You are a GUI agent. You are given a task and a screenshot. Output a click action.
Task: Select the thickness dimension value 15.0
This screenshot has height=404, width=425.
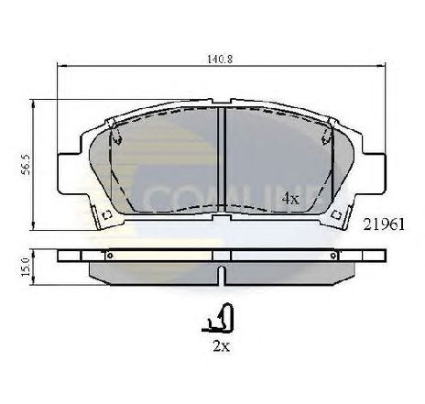coord(27,266)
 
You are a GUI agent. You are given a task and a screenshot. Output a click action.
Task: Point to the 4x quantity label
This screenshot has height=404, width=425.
coord(290,197)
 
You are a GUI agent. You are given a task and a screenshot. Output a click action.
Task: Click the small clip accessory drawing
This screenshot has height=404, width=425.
coord(223,320)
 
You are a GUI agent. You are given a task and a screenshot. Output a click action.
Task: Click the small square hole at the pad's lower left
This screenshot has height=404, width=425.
coord(106,216)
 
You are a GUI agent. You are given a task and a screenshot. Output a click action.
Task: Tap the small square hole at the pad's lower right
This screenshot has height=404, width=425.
coord(338,216)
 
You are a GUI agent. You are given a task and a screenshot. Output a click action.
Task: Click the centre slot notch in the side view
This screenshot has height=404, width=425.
coord(223,272)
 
